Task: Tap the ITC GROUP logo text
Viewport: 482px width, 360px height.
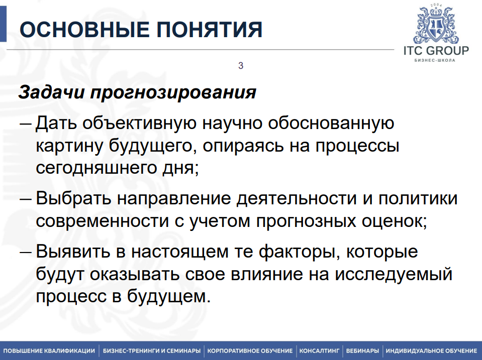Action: click(x=436, y=50)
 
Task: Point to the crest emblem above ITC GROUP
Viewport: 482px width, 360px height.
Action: click(x=436, y=25)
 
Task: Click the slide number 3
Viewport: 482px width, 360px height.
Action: click(x=241, y=66)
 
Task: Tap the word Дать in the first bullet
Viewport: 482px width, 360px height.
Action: click(x=55, y=123)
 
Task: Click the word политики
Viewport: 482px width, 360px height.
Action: click(x=417, y=198)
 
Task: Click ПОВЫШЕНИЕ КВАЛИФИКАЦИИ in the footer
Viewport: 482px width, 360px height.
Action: click(x=49, y=350)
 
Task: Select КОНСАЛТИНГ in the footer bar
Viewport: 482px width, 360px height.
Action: click(x=320, y=350)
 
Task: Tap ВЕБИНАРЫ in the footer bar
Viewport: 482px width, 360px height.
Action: click(x=362, y=350)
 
